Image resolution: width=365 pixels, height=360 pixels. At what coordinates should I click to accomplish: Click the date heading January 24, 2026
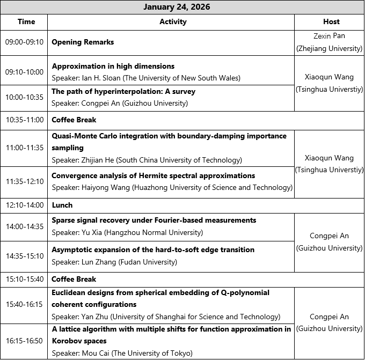[177, 7]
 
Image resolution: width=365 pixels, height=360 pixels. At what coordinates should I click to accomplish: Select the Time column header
[26, 22]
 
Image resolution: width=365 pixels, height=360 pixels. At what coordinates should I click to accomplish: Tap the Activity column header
[173, 22]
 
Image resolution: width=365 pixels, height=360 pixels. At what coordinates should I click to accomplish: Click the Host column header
[331, 22]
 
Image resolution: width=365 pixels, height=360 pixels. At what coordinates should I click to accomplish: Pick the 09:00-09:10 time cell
[24, 42]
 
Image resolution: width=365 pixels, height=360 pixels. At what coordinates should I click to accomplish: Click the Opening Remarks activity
[83, 42]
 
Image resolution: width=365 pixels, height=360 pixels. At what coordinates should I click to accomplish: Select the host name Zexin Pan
[329, 36]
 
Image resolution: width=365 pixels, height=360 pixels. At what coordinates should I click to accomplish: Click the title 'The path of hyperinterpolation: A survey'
[123, 92]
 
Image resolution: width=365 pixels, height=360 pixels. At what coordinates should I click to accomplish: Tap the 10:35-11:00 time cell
[24, 120]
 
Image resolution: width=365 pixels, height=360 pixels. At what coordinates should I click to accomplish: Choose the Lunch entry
[62, 205]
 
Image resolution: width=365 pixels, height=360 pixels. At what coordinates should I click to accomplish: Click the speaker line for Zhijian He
[147, 160]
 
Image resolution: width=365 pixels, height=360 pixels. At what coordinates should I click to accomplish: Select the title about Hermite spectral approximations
[153, 175]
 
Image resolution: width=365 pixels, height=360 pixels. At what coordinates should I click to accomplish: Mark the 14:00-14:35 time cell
[24, 227]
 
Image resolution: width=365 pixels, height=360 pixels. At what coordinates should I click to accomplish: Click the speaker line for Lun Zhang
[114, 262]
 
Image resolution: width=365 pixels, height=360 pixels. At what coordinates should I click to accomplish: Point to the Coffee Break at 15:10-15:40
[74, 279]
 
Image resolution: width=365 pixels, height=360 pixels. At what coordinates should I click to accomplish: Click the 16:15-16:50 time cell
[24, 341]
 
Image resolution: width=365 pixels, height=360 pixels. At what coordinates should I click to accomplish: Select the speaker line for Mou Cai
[122, 353]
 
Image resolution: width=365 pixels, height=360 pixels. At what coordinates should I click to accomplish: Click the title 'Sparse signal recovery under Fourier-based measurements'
[154, 221]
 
